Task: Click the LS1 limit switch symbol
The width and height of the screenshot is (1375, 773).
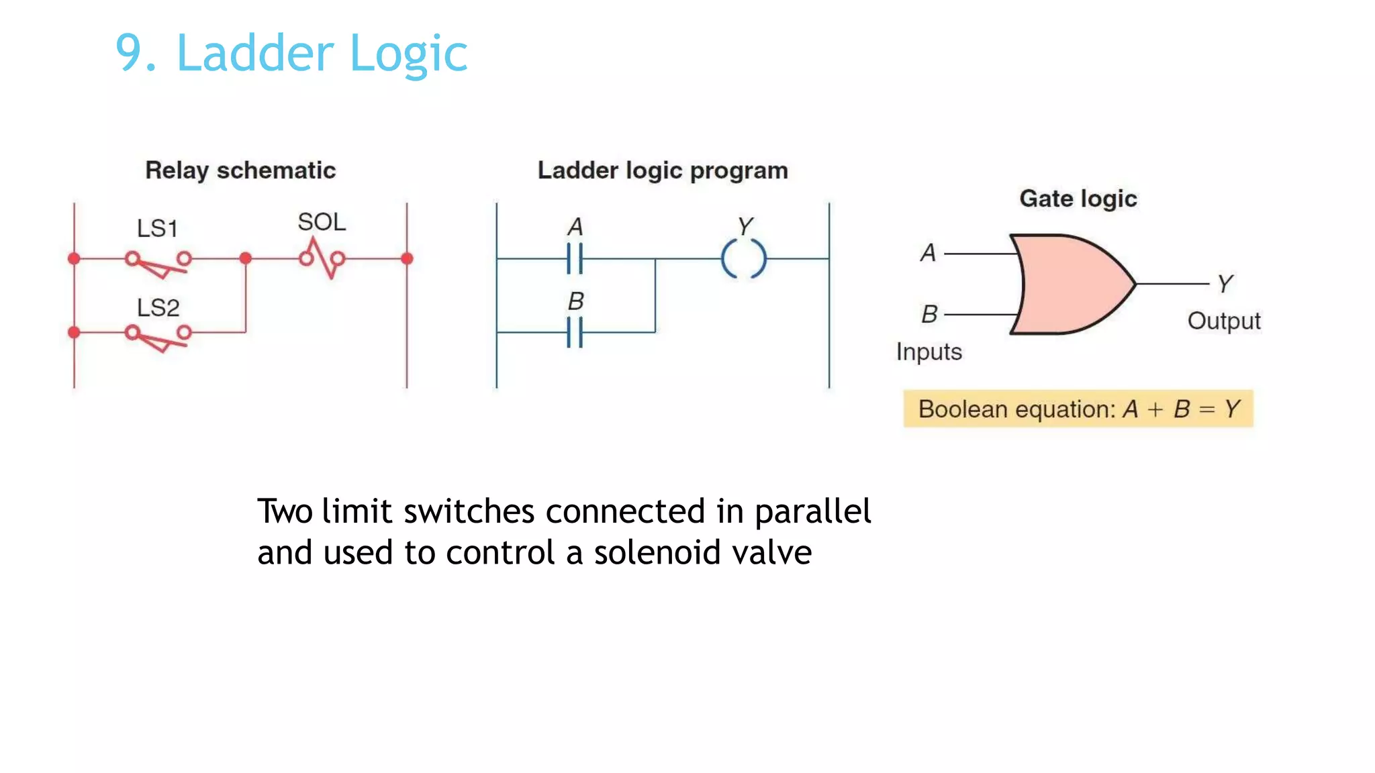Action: coord(158,262)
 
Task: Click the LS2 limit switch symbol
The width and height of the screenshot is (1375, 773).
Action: coord(158,336)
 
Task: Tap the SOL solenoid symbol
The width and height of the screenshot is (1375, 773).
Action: coord(322,259)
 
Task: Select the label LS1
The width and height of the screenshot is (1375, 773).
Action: coord(157,229)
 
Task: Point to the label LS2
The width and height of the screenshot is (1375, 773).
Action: coord(158,308)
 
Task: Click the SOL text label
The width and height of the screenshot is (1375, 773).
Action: coord(322,222)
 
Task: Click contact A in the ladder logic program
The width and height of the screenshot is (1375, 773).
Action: coord(575,258)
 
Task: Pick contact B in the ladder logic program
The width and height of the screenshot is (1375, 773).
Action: coord(575,332)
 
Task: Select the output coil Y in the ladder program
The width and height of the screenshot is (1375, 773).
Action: coord(743,258)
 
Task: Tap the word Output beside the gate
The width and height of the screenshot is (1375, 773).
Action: coord(1223,321)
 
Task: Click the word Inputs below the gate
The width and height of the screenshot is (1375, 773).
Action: coord(929,352)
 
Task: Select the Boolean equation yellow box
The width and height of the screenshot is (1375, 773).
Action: coord(1078,409)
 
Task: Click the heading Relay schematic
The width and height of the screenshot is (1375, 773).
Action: coord(240,170)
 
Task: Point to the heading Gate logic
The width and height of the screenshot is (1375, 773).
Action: coord(1078,199)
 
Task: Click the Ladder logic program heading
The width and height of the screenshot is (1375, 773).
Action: coord(663,170)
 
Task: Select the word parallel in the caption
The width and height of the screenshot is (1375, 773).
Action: coord(812,512)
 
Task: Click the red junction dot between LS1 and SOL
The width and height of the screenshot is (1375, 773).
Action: coord(246,258)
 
